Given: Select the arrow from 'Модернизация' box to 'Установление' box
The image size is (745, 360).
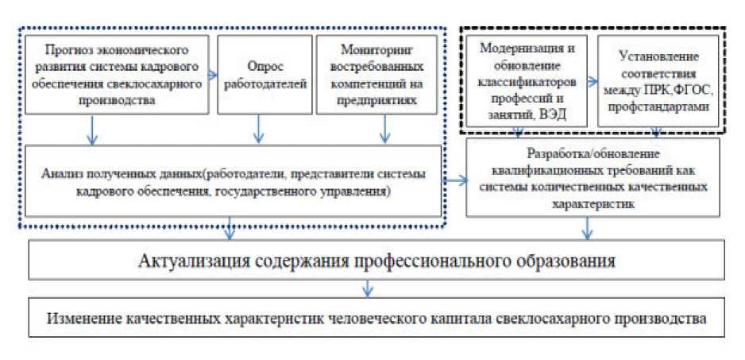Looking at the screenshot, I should coord(591,79).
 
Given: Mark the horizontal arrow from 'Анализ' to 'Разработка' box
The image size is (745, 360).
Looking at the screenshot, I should coord(454,181).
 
